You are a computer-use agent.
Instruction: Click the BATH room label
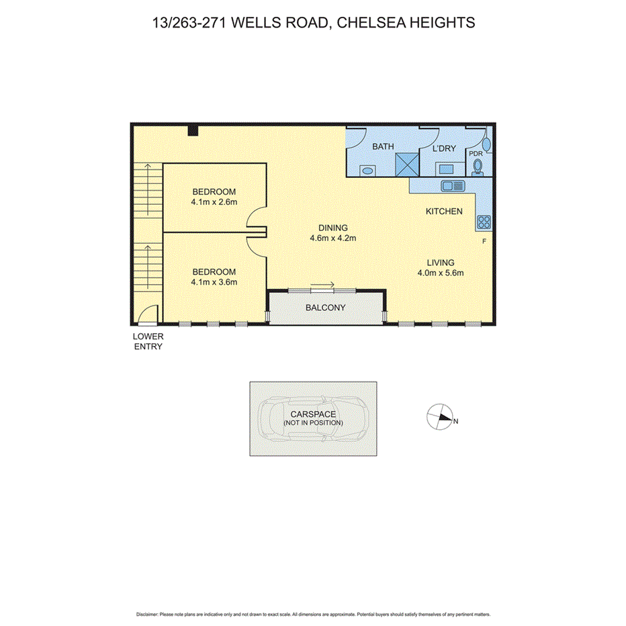click(x=383, y=147)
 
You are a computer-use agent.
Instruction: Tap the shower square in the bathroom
click(x=406, y=164)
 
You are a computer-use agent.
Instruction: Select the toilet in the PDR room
click(x=478, y=166)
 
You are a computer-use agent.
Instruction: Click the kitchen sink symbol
click(x=453, y=185)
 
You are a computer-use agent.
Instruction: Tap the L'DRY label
click(x=445, y=147)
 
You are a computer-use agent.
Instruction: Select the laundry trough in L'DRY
click(x=445, y=169)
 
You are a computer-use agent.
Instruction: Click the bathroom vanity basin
click(x=367, y=171)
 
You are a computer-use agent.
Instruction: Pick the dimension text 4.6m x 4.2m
click(x=332, y=238)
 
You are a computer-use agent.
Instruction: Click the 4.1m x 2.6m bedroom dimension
click(x=214, y=202)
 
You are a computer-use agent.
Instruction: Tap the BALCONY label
click(x=325, y=308)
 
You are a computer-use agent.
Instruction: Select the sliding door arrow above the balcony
click(x=323, y=285)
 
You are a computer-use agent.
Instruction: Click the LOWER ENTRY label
click(x=148, y=341)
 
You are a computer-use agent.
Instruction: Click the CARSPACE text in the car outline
click(x=313, y=415)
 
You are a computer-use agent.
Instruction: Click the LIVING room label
click(x=441, y=263)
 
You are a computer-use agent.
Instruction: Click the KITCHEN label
click(x=444, y=212)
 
